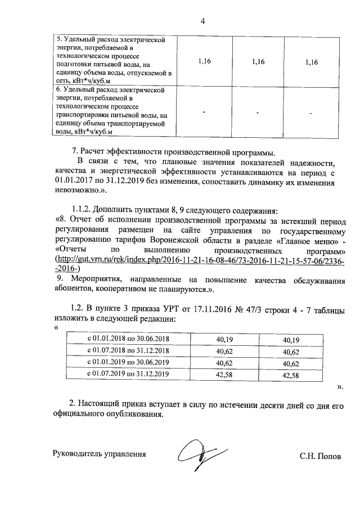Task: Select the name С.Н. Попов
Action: pos(320,456)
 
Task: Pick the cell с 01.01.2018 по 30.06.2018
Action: pos(130,340)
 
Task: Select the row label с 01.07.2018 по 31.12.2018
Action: pos(130,351)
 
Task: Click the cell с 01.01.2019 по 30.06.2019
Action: pos(130,362)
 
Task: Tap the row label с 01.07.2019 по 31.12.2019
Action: pos(130,373)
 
